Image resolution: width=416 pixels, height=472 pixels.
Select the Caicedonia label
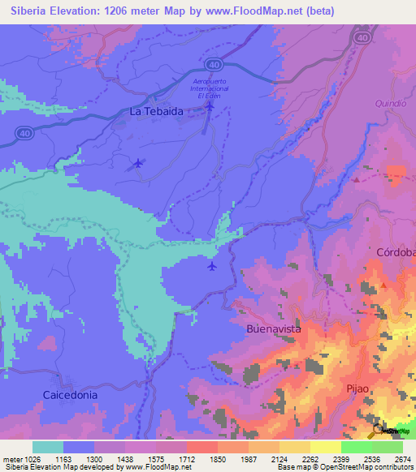(70, 394)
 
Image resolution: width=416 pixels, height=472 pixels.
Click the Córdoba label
(396, 253)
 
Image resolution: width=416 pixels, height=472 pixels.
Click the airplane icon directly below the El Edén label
(210, 105)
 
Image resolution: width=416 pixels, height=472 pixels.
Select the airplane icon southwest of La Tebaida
(137, 164)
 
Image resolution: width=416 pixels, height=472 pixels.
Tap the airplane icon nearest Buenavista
(212, 265)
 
